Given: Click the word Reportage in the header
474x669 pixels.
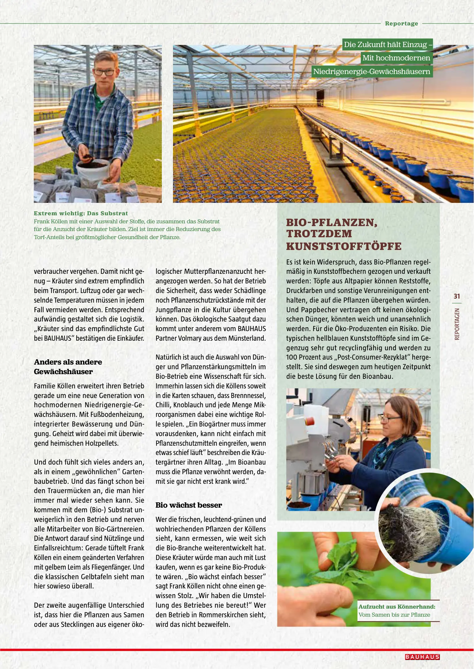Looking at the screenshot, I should coord(401,24).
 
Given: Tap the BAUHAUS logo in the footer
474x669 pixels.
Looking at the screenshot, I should coord(422,657).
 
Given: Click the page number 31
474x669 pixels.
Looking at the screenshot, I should coord(457,296).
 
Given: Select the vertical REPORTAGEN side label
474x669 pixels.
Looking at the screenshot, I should coord(457,324).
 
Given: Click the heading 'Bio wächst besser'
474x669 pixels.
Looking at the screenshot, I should coord(188,505).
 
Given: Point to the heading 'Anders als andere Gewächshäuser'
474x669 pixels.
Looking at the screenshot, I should coord(68,367).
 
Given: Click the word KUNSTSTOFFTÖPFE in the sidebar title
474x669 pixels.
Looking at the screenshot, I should coord(343,246).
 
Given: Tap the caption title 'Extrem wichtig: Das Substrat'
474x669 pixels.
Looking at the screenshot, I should coord(81,213).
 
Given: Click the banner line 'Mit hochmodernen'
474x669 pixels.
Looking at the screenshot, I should coord(396,58).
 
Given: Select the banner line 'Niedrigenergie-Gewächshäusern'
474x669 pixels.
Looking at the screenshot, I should coord(371,72).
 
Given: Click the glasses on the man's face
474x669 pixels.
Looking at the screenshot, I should coord(104,72).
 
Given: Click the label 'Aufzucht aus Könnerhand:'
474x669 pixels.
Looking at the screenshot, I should coord(397,606).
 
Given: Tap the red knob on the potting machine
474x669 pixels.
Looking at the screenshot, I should coord(309,422).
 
